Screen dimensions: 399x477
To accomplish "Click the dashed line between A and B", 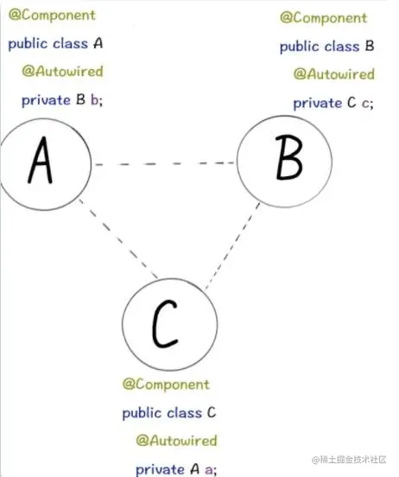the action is [x=164, y=163].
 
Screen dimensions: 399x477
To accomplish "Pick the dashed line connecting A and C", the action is [x=118, y=238].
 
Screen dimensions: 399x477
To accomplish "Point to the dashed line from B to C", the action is [x=232, y=245].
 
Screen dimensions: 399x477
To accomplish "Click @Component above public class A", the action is [x=52, y=15].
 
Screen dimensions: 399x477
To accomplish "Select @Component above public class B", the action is [x=324, y=17].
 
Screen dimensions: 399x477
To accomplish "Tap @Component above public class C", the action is [x=166, y=385].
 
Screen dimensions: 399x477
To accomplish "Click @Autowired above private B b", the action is [x=63, y=71].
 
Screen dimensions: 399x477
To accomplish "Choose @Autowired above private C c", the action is [x=334, y=74].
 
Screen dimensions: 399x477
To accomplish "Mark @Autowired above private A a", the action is [x=176, y=441].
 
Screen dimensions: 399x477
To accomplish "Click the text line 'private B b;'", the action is [x=62, y=99].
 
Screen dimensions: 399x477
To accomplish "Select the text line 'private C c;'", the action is [x=333, y=103].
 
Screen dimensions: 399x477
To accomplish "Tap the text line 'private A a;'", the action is [x=176, y=469].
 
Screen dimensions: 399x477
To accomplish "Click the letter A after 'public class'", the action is [x=98, y=43].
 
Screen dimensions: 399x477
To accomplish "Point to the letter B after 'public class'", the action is [x=370, y=46].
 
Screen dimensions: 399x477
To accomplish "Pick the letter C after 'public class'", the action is [x=212, y=412].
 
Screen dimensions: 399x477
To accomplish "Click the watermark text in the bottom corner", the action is [x=349, y=460].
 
